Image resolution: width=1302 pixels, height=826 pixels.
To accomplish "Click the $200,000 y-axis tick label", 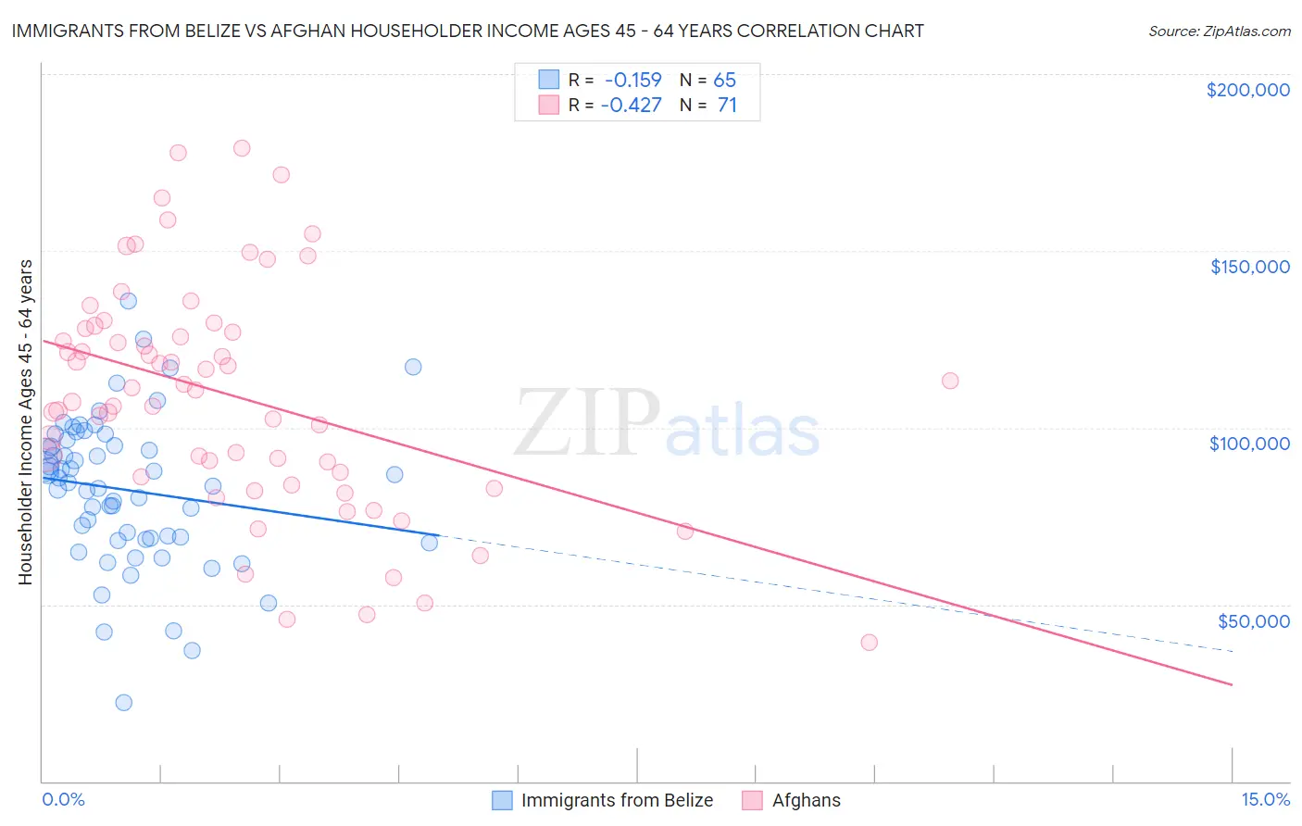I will (x=1247, y=90).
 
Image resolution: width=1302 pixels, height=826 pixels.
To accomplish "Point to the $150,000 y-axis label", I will (x=1249, y=267).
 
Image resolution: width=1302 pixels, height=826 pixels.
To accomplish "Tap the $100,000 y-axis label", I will (x=1249, y=444).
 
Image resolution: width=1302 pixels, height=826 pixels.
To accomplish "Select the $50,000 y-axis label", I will (x=1253, y=620).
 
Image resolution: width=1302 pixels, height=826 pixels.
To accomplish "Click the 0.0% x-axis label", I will (x=63, y=800).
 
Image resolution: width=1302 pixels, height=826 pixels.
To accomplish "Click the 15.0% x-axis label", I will (x=1265, y=800).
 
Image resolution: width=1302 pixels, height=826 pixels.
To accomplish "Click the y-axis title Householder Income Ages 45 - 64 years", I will (x=26, y=421).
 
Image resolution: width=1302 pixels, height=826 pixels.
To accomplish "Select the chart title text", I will (x=467, y=31).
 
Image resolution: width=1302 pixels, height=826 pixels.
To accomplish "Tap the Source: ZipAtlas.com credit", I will (x=1219, y=31).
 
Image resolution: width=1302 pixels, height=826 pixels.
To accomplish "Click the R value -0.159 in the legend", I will (x=632, y=80).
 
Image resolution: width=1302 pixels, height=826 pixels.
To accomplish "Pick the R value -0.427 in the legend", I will (x=631, y=105).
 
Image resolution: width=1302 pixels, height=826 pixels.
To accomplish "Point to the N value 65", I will (x=724, y=80).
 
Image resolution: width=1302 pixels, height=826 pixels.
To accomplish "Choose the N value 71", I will (x=727, y=105).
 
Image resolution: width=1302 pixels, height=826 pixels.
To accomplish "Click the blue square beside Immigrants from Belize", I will (x=502, y=800).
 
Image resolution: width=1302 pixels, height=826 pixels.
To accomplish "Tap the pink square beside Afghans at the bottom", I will (x=752, y=800).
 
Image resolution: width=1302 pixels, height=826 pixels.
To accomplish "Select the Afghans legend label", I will (x=807, y=800).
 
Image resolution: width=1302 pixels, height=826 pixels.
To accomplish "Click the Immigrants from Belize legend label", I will (x=617, y=800).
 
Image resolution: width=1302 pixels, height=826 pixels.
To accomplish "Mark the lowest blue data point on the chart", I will (x=123, y=702).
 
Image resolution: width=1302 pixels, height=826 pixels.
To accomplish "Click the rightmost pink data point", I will (x=949, y=381).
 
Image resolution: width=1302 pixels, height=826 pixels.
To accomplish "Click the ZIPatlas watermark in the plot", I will (x=667, y=425).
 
